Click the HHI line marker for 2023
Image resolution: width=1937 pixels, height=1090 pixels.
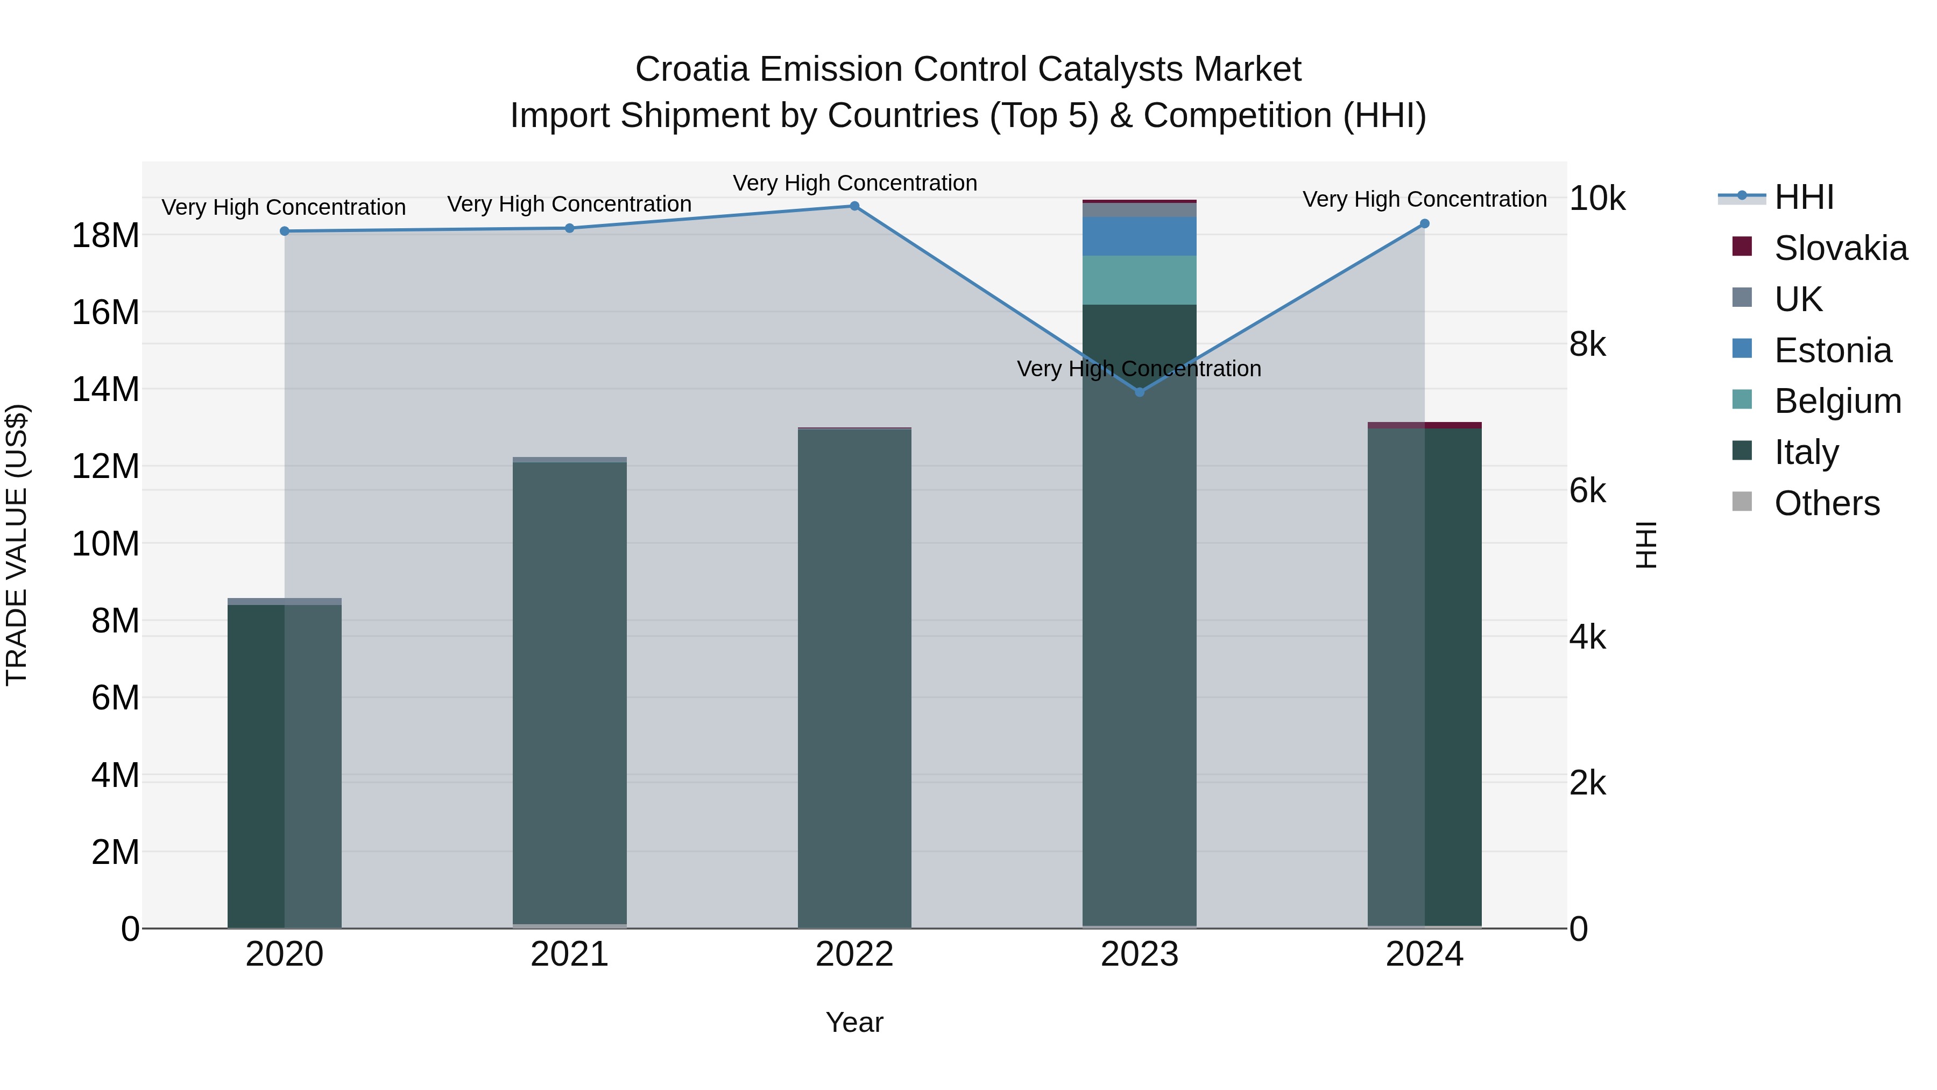tap(1139, 392)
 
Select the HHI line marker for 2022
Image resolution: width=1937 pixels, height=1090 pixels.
tap(854, 206)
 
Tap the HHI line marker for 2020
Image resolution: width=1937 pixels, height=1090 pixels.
tap(284, 231)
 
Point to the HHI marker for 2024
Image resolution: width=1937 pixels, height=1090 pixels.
tap(1424, 223)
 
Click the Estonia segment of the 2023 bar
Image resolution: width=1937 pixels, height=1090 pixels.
tap(1139, 236)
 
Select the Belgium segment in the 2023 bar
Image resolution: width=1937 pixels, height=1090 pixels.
tap(1139, 280)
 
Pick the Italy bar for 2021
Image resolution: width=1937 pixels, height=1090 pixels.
tap(569, 692)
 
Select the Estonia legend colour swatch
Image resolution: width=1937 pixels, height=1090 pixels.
tap(1742, 349)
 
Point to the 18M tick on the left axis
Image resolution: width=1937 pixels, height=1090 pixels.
tap(105, 235)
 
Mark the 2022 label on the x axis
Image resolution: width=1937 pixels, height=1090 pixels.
tap(854, 954)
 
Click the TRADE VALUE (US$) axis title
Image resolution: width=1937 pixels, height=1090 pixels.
tap(17, 545)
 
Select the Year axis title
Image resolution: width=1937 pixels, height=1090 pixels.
tap(854, 1022)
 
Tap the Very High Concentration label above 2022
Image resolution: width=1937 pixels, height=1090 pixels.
tap(855, 183)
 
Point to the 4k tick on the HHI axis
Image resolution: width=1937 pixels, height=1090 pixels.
tap(1587, 637)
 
